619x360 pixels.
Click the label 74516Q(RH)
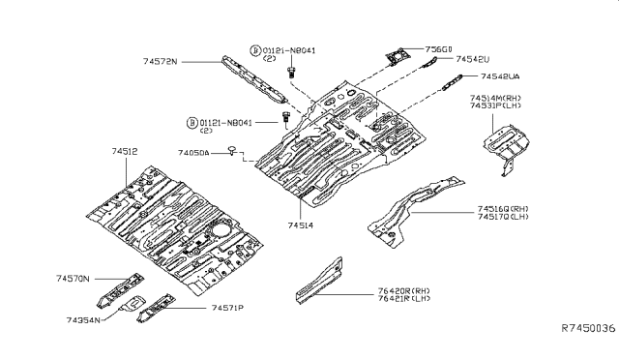click(503, 208)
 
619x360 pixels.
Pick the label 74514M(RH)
click(497, 99)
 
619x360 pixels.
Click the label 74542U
click(475, 58)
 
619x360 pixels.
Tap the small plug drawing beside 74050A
click(233, 150)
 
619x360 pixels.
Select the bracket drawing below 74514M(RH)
click(507, 145)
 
